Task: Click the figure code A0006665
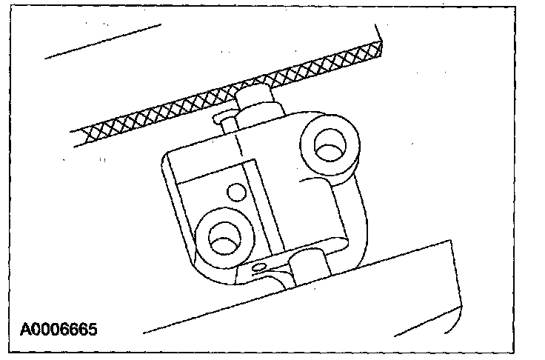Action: pyautogui.click(x=58, y=327)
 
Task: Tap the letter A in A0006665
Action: pyautogui.click(x=26, y=327)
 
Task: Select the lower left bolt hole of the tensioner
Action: pyautogui.click(x=221, y=239)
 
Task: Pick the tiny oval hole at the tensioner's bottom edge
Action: pyautogui.click(x=258, y=266)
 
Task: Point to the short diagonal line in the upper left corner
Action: pyautogui.click(x=104, y=41)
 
